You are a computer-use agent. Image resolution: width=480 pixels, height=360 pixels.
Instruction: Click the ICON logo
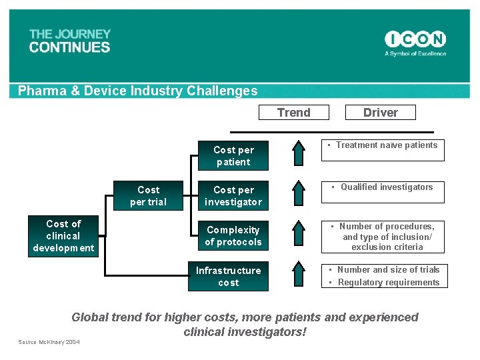tap(415, 39)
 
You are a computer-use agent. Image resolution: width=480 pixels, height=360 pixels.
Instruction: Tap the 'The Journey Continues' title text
tap(69, 41)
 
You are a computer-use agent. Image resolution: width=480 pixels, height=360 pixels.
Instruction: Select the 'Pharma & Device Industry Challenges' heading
tap(137, 91)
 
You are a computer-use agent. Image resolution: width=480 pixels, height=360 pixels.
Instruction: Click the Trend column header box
tap(294, 113)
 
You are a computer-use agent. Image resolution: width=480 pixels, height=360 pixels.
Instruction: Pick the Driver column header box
tap(381, 113)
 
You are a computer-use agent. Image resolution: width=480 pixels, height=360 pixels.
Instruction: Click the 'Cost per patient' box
tap(233, 156)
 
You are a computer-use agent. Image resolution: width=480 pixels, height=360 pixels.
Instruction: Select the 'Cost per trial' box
tap(148, 196)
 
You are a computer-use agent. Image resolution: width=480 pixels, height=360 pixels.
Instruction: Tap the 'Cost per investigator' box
tap(233, 196)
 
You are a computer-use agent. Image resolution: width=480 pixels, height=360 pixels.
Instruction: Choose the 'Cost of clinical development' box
tap(63, 236)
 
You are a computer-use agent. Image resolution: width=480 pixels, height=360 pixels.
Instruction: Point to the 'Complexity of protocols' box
tap(233, 236)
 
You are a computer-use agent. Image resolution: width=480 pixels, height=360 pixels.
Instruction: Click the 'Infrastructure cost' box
tap(229, 277)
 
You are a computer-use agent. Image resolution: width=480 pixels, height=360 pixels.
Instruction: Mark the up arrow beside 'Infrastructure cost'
tap(299, 276)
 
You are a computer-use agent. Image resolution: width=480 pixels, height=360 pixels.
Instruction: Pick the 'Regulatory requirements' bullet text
tap(389, 283)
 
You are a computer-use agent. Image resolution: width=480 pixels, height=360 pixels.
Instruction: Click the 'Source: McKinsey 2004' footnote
tap(49, 342)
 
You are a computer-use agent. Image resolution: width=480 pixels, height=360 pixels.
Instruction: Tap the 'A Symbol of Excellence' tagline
tap(415, 53)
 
